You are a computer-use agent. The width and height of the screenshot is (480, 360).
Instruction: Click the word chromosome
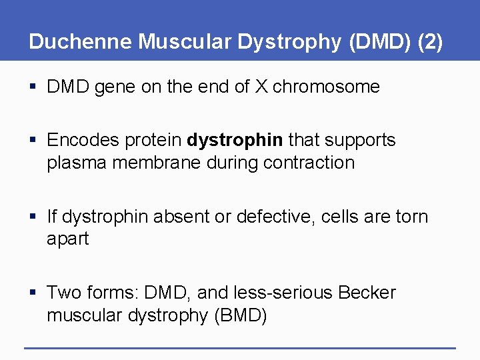[x=326, y=87]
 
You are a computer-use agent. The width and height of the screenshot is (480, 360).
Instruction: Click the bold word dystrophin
[x=235, y=141]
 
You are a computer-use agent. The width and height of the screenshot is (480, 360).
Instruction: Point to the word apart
[x=67, y=239]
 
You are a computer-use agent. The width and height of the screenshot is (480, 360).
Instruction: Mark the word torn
[x=411, y=217]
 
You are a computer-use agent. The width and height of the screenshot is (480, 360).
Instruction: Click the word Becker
[x=367, y=293]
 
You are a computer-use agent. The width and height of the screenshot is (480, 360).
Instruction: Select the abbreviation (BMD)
[x=240, y=315]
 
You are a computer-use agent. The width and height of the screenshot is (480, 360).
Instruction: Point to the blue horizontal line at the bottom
[x=240, y=347]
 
